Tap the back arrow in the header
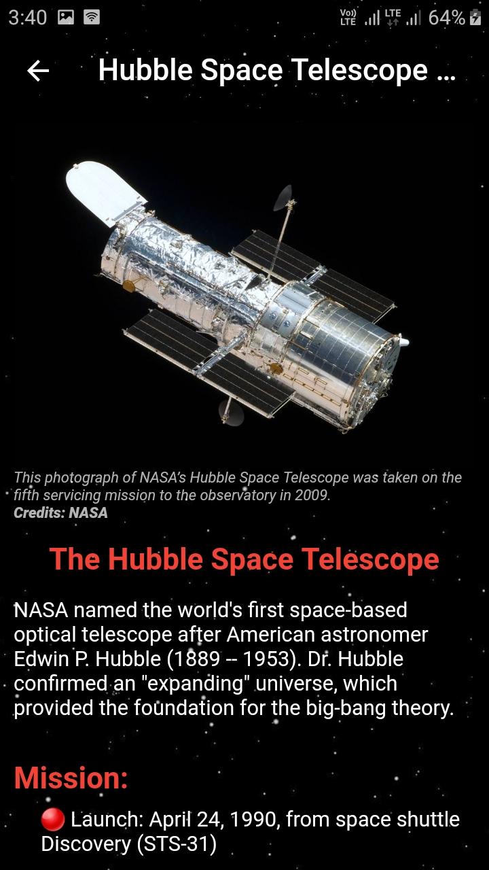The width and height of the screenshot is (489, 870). [38, 71]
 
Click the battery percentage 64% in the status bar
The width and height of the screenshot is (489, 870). [446, 18]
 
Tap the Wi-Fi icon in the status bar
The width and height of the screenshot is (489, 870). [92, 18]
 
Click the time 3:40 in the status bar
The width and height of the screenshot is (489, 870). [28, 18]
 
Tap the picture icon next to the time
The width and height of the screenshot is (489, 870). [66, 18]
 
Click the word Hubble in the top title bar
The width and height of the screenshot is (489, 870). [145, 70]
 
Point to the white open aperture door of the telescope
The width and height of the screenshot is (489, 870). [104, 190]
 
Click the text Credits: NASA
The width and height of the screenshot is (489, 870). [60, 512]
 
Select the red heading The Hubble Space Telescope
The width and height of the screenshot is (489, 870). [244, 559]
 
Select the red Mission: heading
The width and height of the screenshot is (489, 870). [71, 778]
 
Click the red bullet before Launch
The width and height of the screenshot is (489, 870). [53, 819]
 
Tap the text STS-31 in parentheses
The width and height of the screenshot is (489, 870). [177, 843]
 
